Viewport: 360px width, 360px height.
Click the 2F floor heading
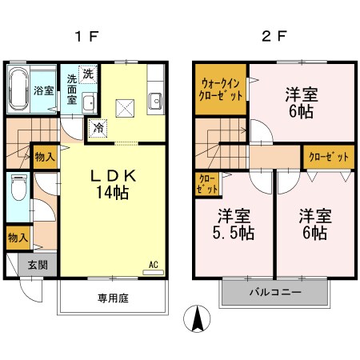(272, 35)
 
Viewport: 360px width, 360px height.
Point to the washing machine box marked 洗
(87, 72)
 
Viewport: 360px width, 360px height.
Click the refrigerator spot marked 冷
(98, 126)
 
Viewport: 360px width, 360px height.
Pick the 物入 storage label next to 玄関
(17, 237)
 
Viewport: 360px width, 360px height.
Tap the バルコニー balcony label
(274, 293)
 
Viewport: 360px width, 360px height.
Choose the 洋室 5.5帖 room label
(234, 224)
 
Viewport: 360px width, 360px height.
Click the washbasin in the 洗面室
(89, 102)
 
